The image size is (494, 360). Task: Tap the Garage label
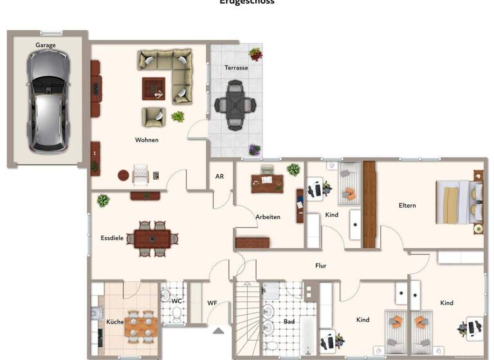[45, 45]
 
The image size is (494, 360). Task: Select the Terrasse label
[236, 67]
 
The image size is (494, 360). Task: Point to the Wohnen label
[147, 139]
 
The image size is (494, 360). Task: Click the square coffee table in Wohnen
[153, 88]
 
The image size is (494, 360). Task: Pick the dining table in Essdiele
[153, 239]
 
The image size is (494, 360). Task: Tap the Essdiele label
[112, 238]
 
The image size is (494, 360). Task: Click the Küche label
[114, 321]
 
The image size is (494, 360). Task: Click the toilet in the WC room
[175, 313]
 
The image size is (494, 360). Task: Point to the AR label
[219, 176]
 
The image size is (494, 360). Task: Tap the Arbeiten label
[268, 217]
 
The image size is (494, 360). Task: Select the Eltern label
[407, 206]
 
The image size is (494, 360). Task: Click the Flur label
[320, 265]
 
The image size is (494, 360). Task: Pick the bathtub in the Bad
[309, 334]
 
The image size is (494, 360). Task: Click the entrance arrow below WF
[219, 331]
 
